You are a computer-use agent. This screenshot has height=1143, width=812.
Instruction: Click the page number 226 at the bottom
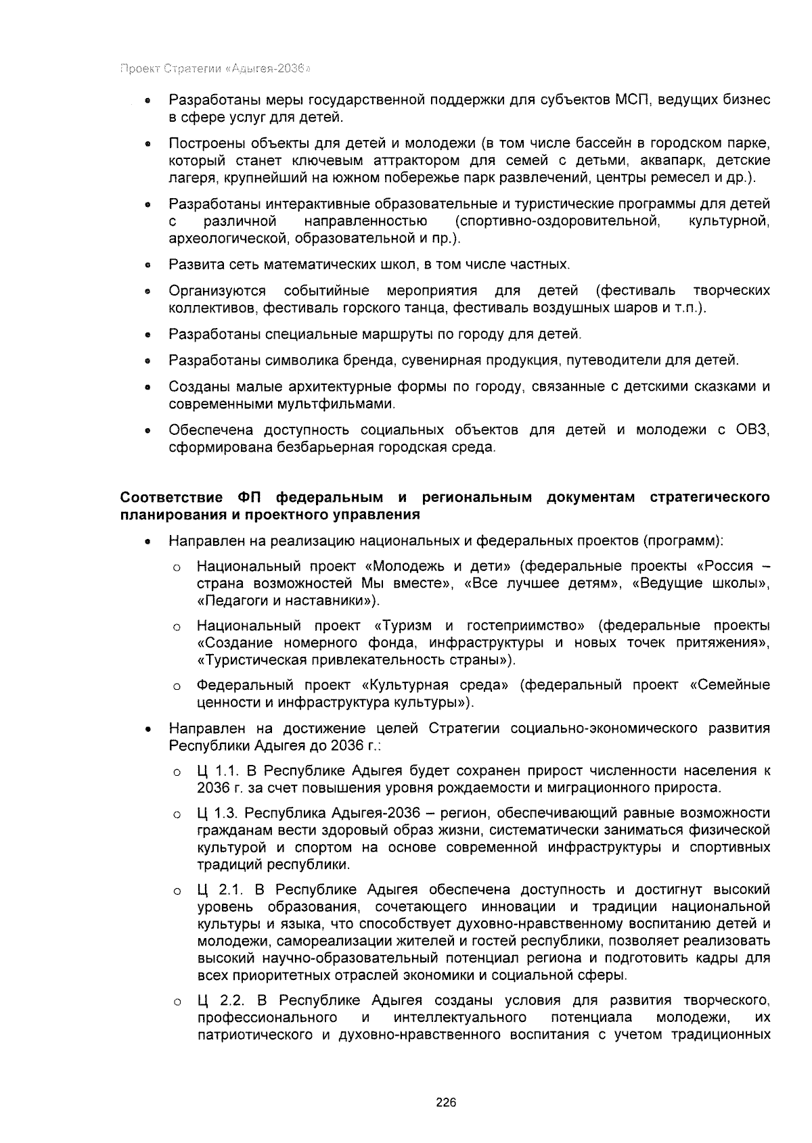click(446, 1103)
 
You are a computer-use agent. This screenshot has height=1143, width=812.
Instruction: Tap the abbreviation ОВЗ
click(752, 430)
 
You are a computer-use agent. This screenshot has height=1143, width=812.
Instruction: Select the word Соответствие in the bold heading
click(172, 498)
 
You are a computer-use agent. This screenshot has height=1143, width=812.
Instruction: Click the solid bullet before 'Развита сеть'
click(147, 265)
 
